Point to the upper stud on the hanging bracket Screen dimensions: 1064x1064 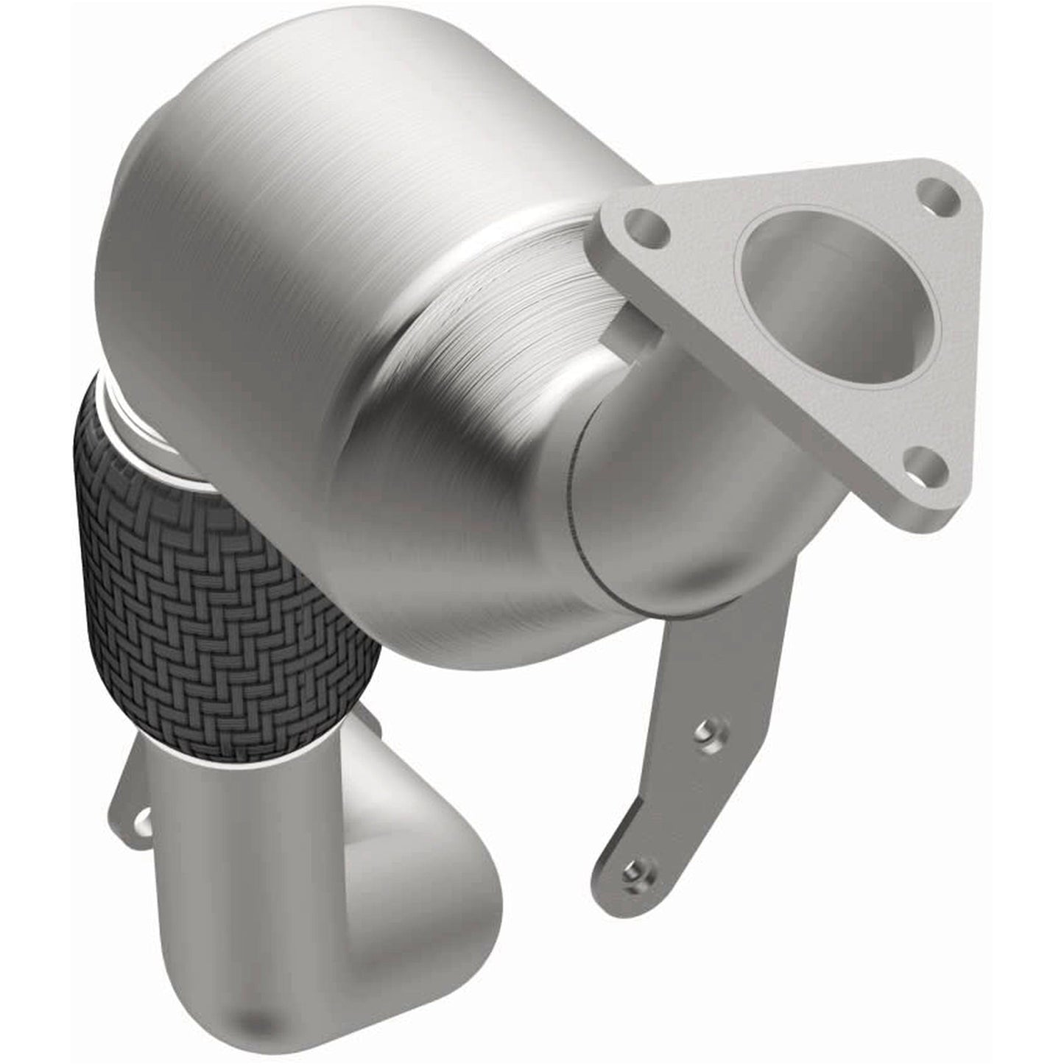[x=706, y=730]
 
